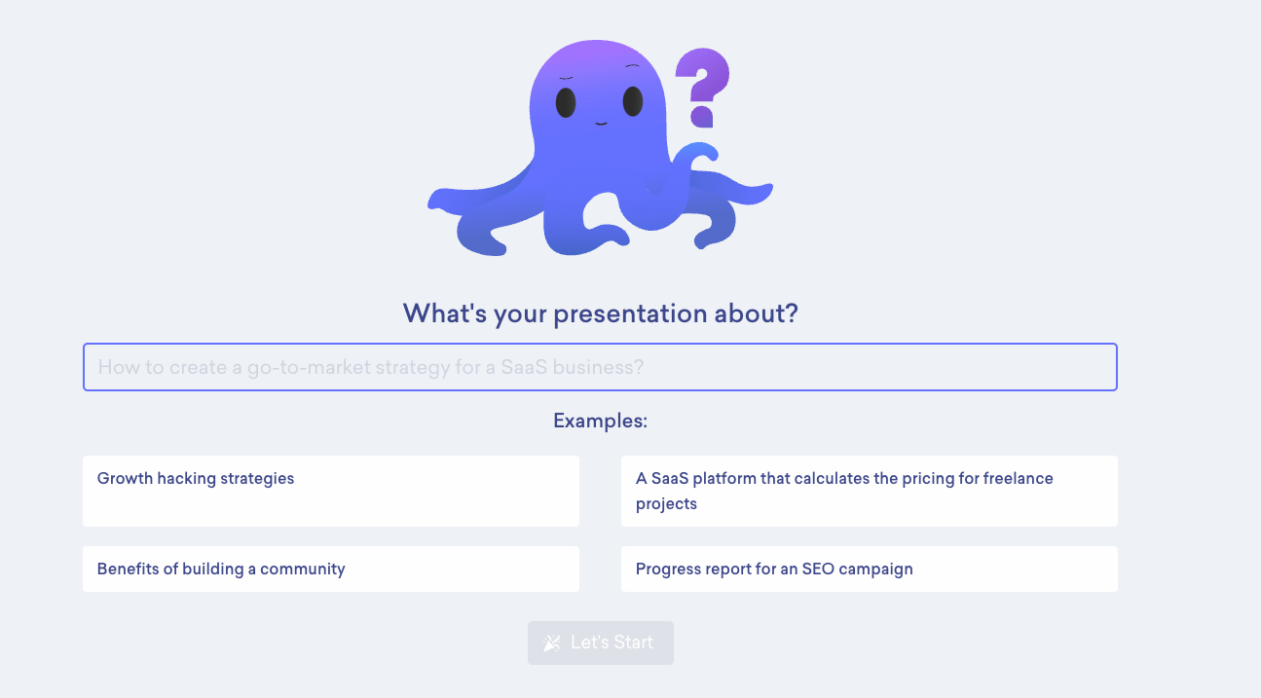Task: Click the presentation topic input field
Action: click(600, 367)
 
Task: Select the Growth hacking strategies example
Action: click(331, 491)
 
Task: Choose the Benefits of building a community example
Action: click(331, 569)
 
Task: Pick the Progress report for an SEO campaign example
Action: click(870, 569)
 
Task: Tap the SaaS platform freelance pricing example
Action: click(870, 491)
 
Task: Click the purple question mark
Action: click(703, 88)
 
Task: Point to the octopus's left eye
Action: click(566, 102)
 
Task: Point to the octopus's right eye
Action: click(633, 101)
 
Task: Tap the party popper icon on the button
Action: click(552, 643)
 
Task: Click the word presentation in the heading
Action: click(630, 314)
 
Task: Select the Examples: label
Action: click(600, 422)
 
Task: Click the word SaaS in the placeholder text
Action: click(524, 367)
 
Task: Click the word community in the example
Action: click(302, 569)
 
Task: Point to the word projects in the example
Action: click(666, 504)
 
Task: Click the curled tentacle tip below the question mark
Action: click(701, 152)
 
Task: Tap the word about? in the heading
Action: click(756, 313)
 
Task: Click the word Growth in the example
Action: click(125, 478)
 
